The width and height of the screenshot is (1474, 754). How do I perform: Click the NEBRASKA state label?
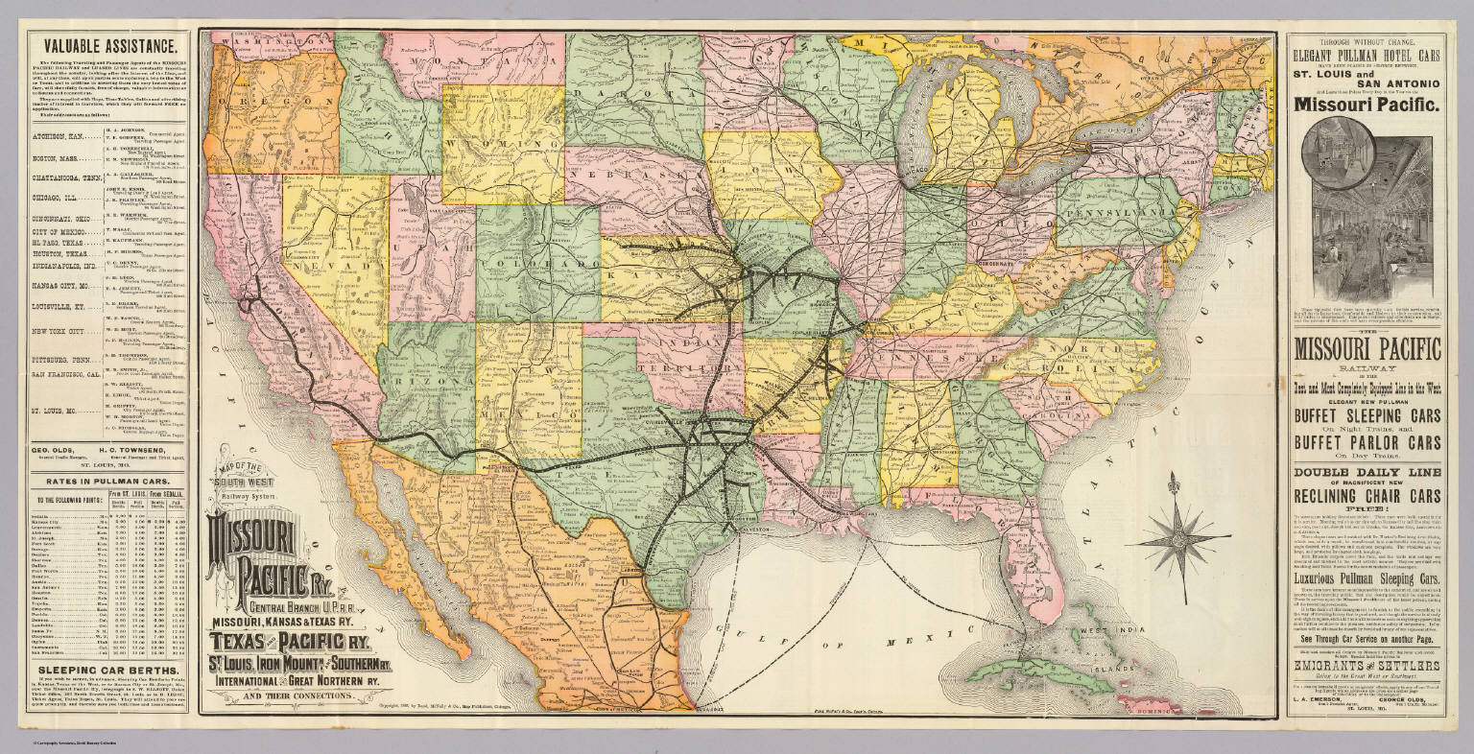(633, 181)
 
